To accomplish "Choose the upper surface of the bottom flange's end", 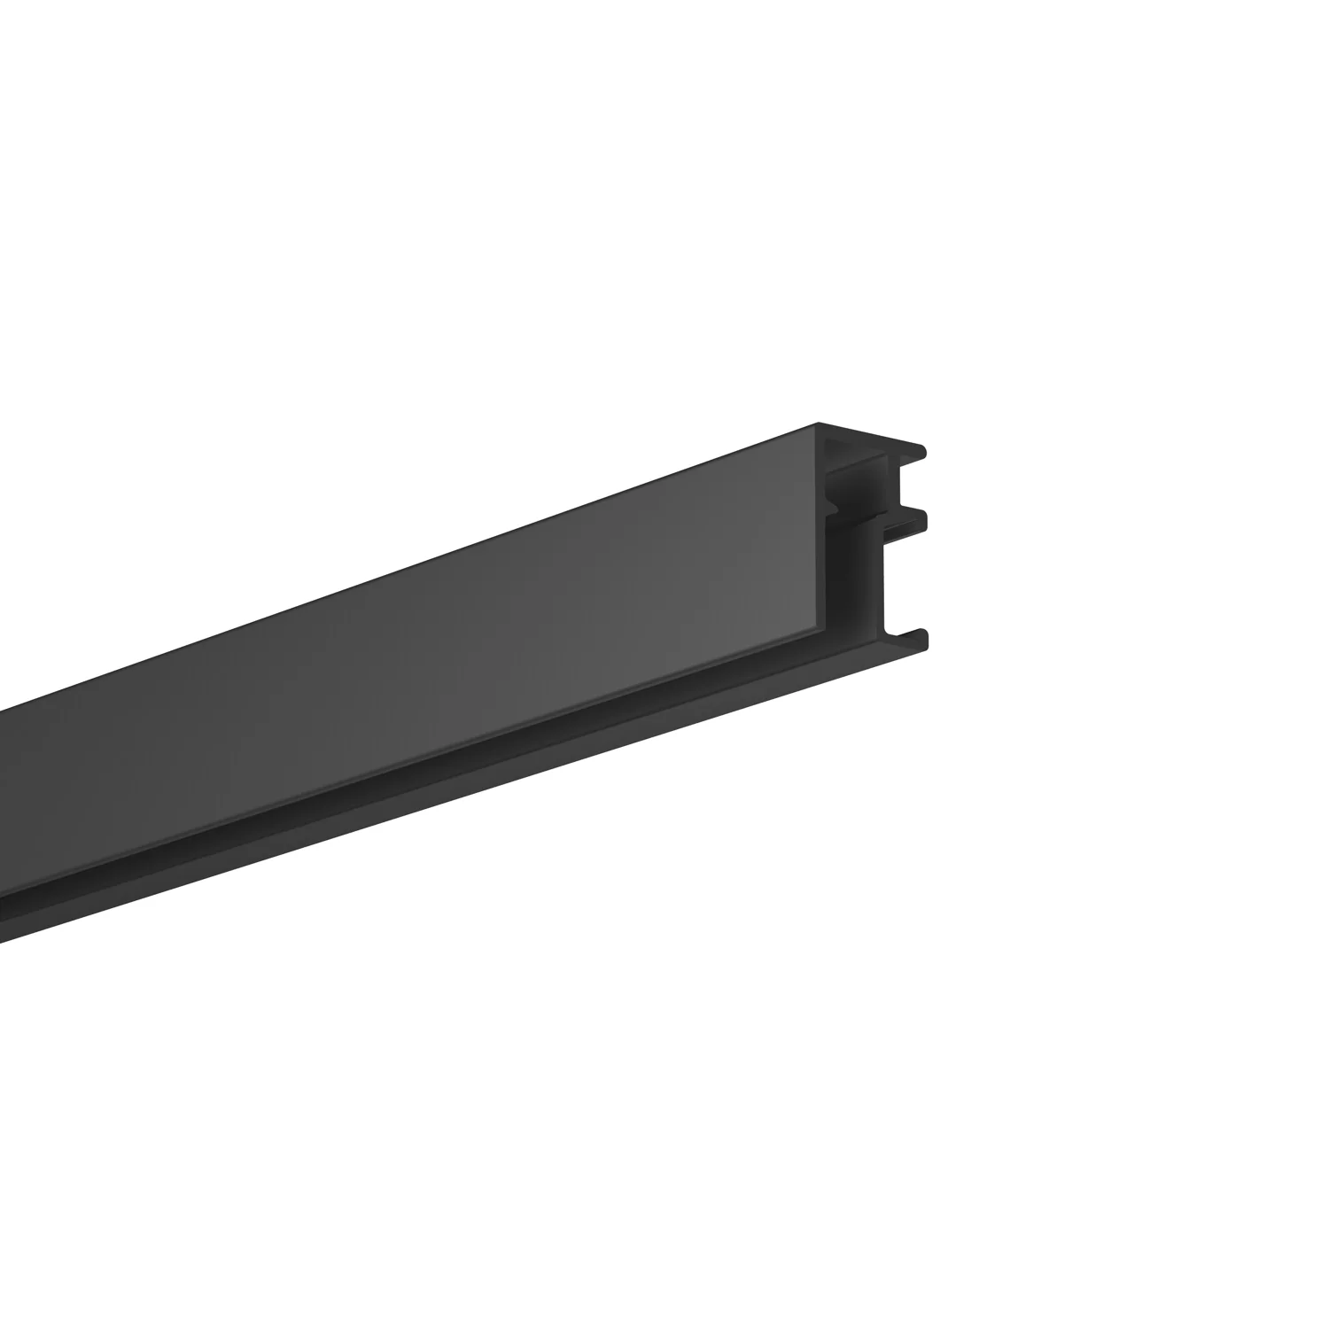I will pyautogui.click(x=904, y=631).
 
